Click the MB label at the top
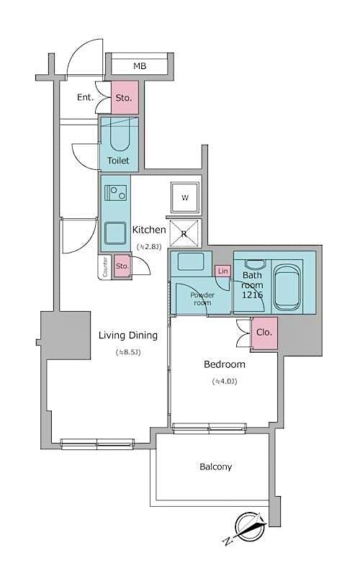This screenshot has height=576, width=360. point(139,66)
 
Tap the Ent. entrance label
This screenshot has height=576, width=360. point(86,97)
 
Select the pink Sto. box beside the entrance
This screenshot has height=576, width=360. point(123,97)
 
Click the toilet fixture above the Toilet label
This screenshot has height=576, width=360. point(119,135)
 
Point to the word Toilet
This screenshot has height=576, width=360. point(119,161)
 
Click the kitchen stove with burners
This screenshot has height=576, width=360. point(115,193)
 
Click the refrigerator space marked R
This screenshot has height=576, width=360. point(185,232)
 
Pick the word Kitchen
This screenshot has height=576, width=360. point(149,230)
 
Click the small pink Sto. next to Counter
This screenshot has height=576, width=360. point(122,266)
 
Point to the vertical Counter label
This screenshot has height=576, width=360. point(105,267)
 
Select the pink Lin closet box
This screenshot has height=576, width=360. point(222,271)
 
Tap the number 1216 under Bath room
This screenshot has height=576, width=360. point(252,296)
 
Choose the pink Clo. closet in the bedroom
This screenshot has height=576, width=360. point(264,333)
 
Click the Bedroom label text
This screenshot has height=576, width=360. point(225,364)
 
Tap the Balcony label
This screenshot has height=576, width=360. point(215,467)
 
